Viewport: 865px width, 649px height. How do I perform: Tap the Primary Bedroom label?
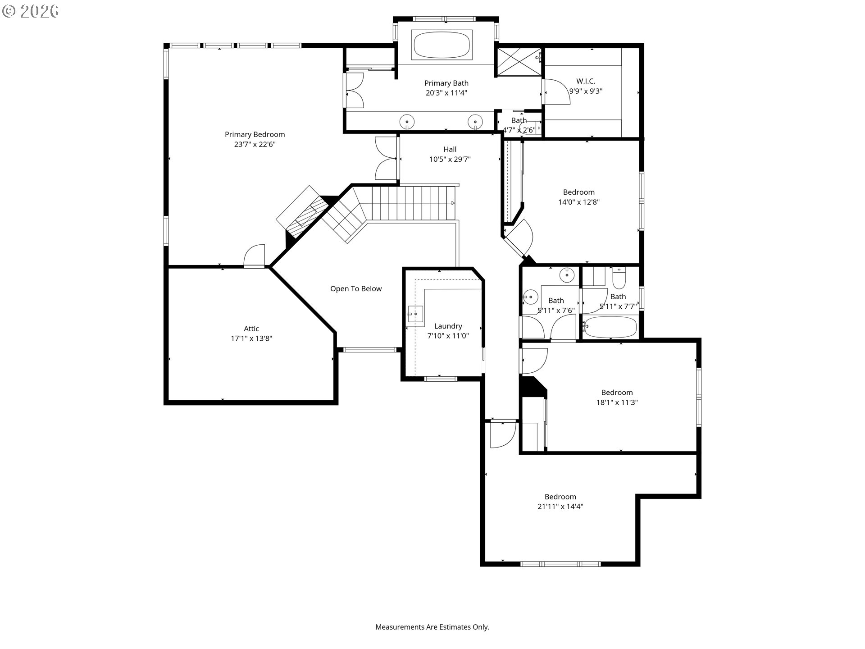point(255,134)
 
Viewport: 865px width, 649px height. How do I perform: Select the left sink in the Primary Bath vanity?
point(407,121)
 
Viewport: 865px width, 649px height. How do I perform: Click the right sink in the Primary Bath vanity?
point(475,121)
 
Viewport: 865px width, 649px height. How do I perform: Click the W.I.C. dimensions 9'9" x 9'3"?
point(586,91)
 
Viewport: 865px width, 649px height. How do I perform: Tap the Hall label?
point(450,149)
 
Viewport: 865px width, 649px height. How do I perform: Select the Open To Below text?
point(355,288)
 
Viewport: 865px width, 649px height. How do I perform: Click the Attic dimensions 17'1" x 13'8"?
point(251,338)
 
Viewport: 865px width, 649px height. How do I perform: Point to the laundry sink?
point(415,314)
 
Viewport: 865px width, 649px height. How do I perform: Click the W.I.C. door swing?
point(557,92)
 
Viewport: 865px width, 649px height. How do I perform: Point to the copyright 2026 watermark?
point(30,11)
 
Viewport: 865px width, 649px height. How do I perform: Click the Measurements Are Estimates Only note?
point(432,627)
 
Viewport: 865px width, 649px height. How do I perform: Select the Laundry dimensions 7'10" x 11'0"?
point(448,336)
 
